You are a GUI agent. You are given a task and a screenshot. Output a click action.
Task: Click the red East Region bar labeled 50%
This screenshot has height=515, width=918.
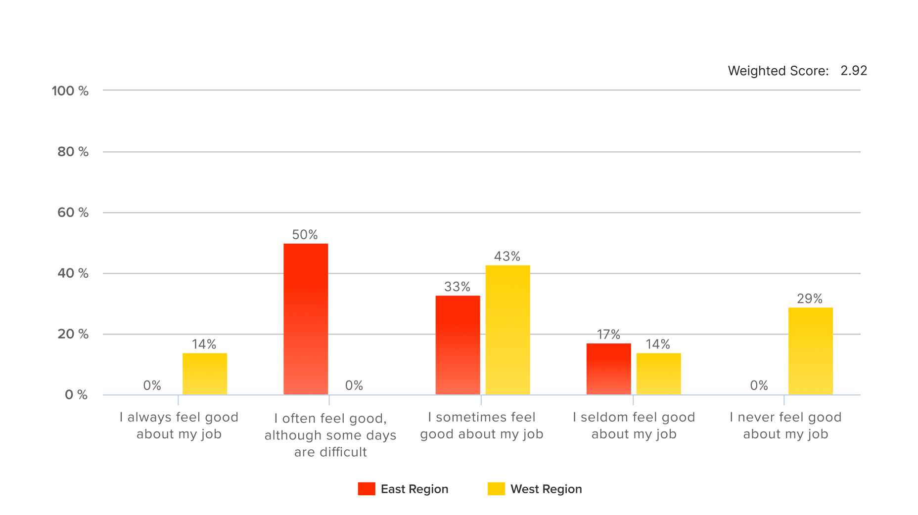click(x=306, y=319)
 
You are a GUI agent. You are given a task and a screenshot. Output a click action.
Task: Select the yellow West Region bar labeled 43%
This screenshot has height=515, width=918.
click(x=507, y=330)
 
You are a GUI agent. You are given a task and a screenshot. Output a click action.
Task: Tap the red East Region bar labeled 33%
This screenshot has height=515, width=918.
click(x=458, y=345)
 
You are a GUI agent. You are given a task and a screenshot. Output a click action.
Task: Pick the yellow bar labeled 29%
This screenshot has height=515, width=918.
click(x=810, y=351)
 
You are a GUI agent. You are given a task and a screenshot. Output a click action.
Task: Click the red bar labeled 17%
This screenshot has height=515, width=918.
click(x=608, y=369)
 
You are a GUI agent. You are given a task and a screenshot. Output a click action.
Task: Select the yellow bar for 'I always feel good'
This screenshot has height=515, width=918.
click(x=205, y=374)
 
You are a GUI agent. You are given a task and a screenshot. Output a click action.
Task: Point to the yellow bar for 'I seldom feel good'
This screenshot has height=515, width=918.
click(x=658, y=374)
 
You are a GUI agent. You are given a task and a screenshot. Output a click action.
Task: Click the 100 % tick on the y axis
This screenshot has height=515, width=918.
click(x=70, y=91)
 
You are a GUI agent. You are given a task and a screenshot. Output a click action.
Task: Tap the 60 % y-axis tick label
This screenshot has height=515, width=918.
click(x=73, y=213)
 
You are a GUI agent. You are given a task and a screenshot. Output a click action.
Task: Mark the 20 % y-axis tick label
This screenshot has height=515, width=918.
click(x=73, y=334)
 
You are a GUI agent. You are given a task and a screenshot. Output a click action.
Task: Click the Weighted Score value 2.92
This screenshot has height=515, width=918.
click(x=854, y=71)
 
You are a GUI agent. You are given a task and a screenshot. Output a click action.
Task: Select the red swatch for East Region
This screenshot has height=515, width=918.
click(x=367, y=489)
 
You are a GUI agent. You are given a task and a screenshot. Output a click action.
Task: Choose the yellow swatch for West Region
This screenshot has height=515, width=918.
click(x=496, y=489)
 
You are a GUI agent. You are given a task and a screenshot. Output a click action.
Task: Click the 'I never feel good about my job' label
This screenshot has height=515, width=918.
click(x=785, y=426)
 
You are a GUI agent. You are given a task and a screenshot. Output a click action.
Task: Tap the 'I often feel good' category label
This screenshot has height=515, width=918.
click(x=330, y=435)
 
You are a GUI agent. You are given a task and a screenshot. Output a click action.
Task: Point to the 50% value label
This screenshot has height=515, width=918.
click(x=305, y=235)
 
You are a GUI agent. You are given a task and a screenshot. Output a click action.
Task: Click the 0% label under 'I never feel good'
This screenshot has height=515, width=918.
click(x=759, y=386)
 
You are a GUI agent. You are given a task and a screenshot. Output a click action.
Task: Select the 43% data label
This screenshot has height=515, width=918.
click(x=507, y=257)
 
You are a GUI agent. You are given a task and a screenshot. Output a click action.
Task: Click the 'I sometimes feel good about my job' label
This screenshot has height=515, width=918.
click(x=482, y=426)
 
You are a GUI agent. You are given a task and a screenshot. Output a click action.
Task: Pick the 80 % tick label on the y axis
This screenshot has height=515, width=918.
click(x=73, y=152)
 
